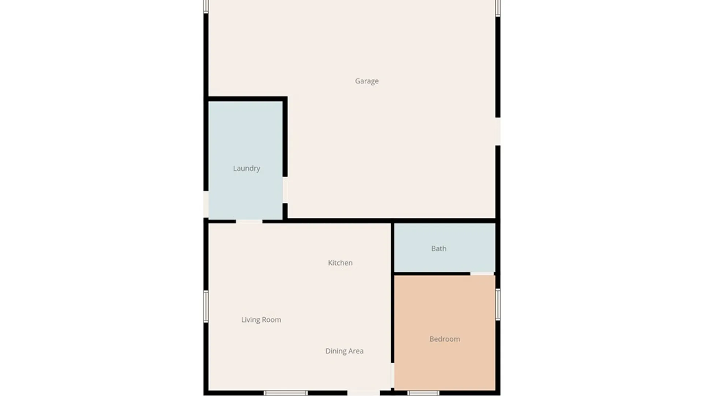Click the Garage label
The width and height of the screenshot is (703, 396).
(367, 81)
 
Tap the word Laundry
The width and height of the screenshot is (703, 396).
(246, 168)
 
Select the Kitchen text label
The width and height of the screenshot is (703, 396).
(340, 263)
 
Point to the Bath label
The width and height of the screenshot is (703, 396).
(439, 249)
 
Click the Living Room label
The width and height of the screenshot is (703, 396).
(261, 320)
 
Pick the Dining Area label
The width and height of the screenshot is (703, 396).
(344, 351)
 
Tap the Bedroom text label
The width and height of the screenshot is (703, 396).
(445, 339)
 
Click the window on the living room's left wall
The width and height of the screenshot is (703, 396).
(206, 307)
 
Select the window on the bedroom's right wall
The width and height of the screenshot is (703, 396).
(498, 304)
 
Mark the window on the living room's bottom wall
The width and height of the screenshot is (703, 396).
(286, 393)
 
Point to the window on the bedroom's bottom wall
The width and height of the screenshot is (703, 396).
(423, 393)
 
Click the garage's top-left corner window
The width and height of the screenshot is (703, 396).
(206, 7)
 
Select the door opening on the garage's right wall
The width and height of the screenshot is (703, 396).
(498, 131)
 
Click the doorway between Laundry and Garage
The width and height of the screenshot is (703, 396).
(285, 190)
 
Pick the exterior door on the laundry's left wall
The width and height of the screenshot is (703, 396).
(206, 204)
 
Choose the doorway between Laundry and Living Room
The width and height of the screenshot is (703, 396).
(249, 221)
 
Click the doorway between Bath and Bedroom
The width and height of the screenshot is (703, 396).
(482, 274)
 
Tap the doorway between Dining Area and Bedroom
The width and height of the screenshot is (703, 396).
(392, 375)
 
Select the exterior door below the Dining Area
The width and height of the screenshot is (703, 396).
(364, 393)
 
